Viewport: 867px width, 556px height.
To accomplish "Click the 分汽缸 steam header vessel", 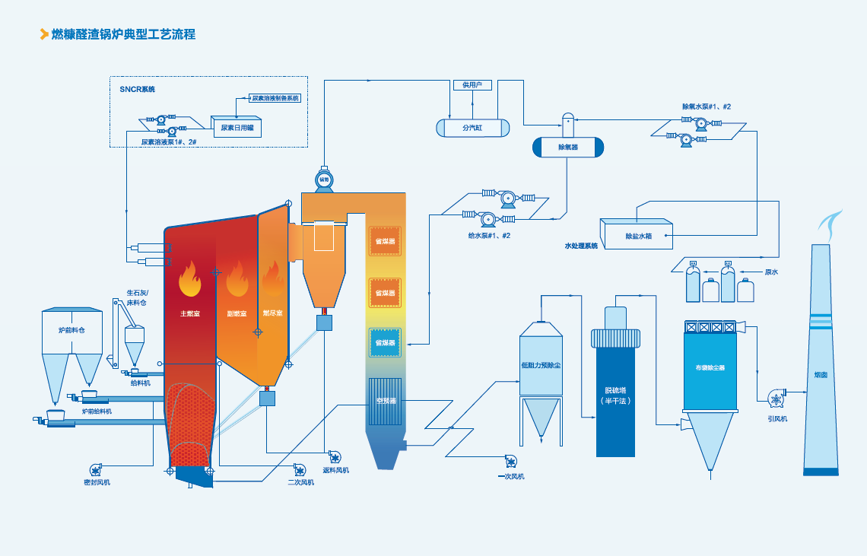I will pyautogui.click(x=472, y=128).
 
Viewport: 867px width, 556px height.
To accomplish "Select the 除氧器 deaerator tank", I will pyautogui.click(x=567, y=147).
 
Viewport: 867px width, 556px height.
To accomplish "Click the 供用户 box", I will pyautogui.click(x=472, y=84).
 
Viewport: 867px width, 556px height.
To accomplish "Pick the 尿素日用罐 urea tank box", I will pyautogui.click(x=237, y=128).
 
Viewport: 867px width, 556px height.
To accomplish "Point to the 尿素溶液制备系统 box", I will pyautogui.click(x=275, y=98).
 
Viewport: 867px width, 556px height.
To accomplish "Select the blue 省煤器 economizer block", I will pyautogui.click(x=385, y=343).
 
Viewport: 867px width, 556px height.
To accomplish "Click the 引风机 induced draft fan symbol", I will pyautogui.click(x=776, y=399).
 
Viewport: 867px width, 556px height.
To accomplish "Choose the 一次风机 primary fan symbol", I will pyautogui.click(x=511, y=461).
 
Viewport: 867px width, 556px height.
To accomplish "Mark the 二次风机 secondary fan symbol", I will pyautogui.click(x=299, y=469).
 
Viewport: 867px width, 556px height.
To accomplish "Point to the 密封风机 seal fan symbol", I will pyautogui.click(x=97, y=469).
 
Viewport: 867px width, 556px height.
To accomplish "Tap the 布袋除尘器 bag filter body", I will pyautogui.click(x=710, y=369).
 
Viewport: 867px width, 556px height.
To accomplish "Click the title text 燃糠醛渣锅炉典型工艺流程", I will pyautogui.click(x=123, y=34).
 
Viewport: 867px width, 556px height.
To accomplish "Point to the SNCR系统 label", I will pyautogui.click(x=137, y=89).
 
